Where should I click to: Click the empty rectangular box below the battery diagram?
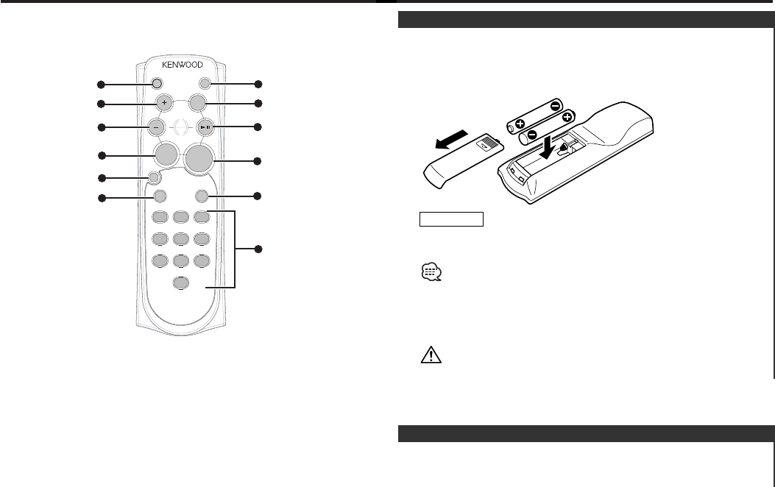pyautogui.click(x=451, y=218)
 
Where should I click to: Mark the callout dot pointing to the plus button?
pyautogui.click(x=102, y=102)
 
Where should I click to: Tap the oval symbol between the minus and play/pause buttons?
pyautogui.click(x=180, y=127)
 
